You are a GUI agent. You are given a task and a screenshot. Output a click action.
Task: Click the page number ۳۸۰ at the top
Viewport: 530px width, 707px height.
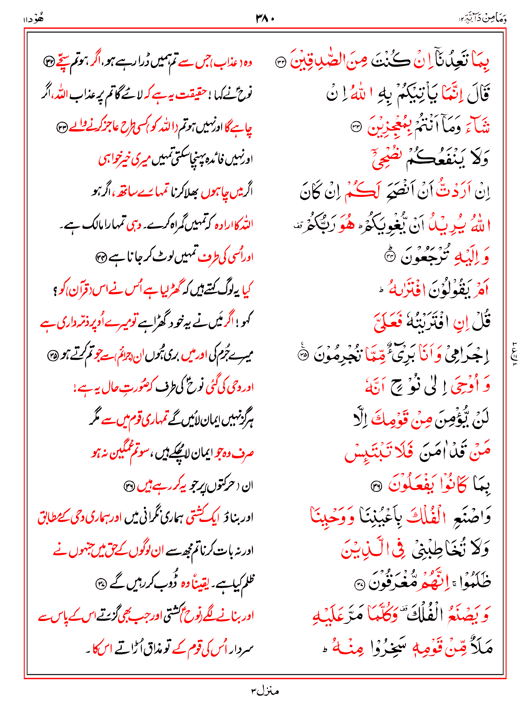coord(265,18)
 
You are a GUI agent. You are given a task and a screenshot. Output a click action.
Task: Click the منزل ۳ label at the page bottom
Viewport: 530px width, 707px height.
coord(265,691)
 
